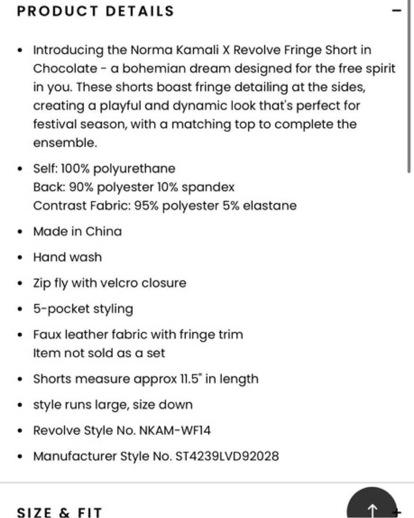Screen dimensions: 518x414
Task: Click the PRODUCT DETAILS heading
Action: (95, 11)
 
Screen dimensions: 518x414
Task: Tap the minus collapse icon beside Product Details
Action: (398, 10)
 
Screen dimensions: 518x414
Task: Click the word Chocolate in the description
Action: (65, 69)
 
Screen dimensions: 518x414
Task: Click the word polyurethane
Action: (138, 169)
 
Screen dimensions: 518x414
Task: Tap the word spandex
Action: (208, 187)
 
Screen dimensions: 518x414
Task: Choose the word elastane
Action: (270, 206)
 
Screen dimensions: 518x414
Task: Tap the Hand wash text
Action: (67, 257)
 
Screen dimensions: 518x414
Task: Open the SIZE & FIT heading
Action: (59, 512)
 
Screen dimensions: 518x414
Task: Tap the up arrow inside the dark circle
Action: (373, 510)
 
